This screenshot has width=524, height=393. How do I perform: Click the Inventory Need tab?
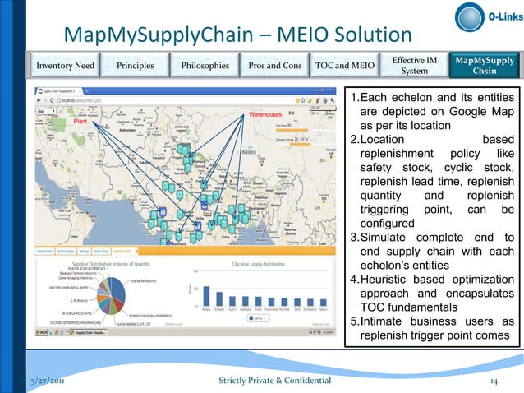pyautogui.click(x=62, y=65)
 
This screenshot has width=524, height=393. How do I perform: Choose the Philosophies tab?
pyautogui.click(x=200, y=65)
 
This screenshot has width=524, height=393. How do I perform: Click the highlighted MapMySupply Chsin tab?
pyautogui.click(x=485, y=65)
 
